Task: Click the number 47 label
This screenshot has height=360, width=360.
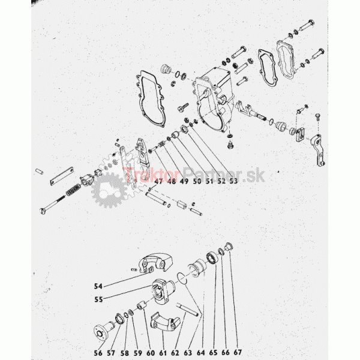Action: [158, 181]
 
